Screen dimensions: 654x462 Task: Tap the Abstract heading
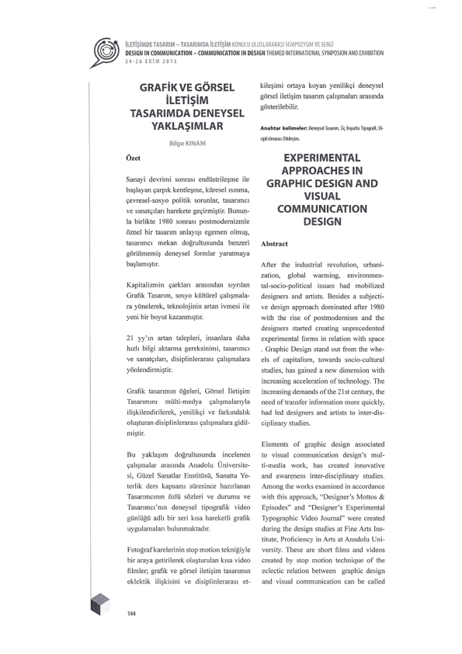[280, 242]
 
